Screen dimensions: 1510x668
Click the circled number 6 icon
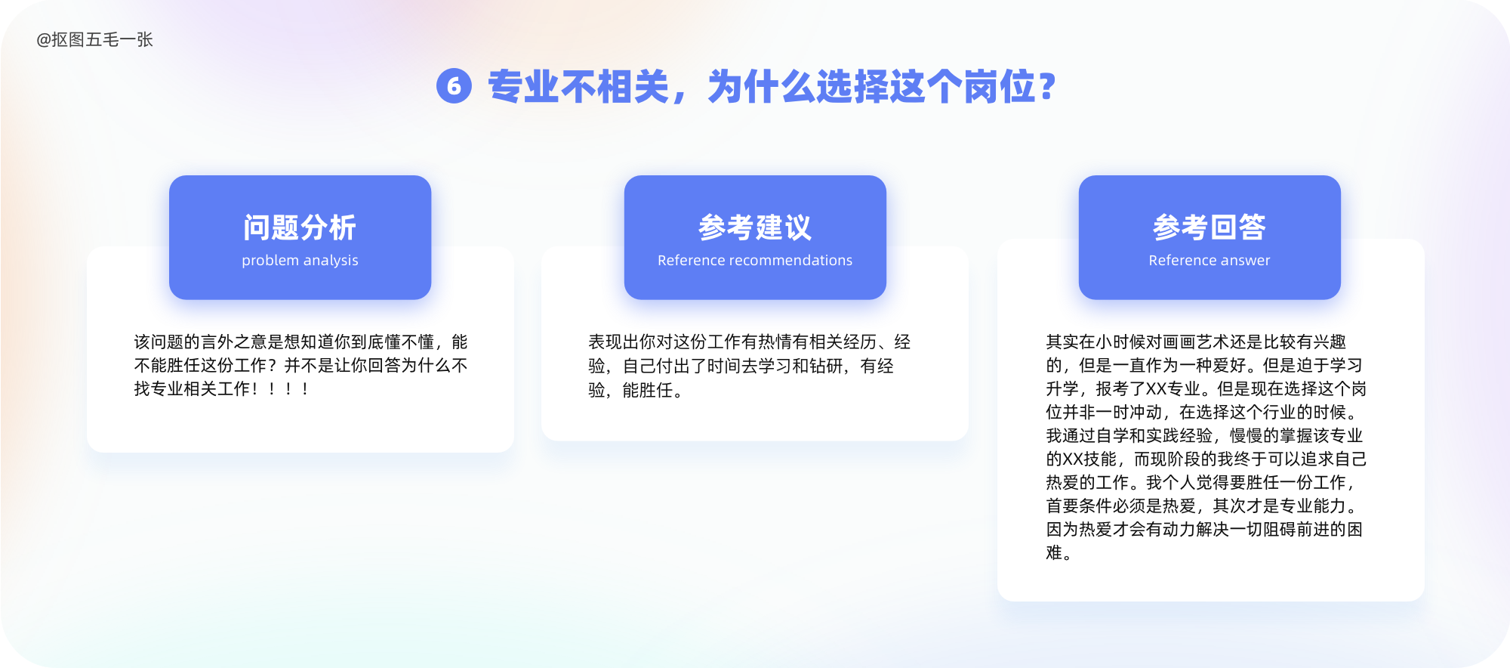[454, 86]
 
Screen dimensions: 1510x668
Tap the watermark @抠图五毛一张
[94, 39]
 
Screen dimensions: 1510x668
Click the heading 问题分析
[300, 227]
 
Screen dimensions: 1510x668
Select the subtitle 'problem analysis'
[300, 260]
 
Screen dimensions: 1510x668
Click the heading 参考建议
[755, 227]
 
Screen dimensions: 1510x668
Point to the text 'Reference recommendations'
[755, 260]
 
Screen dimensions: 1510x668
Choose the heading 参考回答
[1210, 227]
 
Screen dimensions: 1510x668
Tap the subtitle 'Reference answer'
[1210, 260]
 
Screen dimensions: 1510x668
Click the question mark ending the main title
[1046, 86]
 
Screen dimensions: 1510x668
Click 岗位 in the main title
[998, 86]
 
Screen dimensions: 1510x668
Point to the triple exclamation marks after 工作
[288, 389]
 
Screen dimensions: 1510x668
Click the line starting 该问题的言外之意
[300, 342]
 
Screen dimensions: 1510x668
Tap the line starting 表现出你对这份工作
[750, 342]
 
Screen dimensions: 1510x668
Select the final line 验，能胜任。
[636, 390]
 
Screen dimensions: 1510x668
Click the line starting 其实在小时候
[1196, 342]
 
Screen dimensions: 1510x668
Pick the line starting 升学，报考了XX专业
[1206, 389]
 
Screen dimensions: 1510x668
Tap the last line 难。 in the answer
[1059, 553]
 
